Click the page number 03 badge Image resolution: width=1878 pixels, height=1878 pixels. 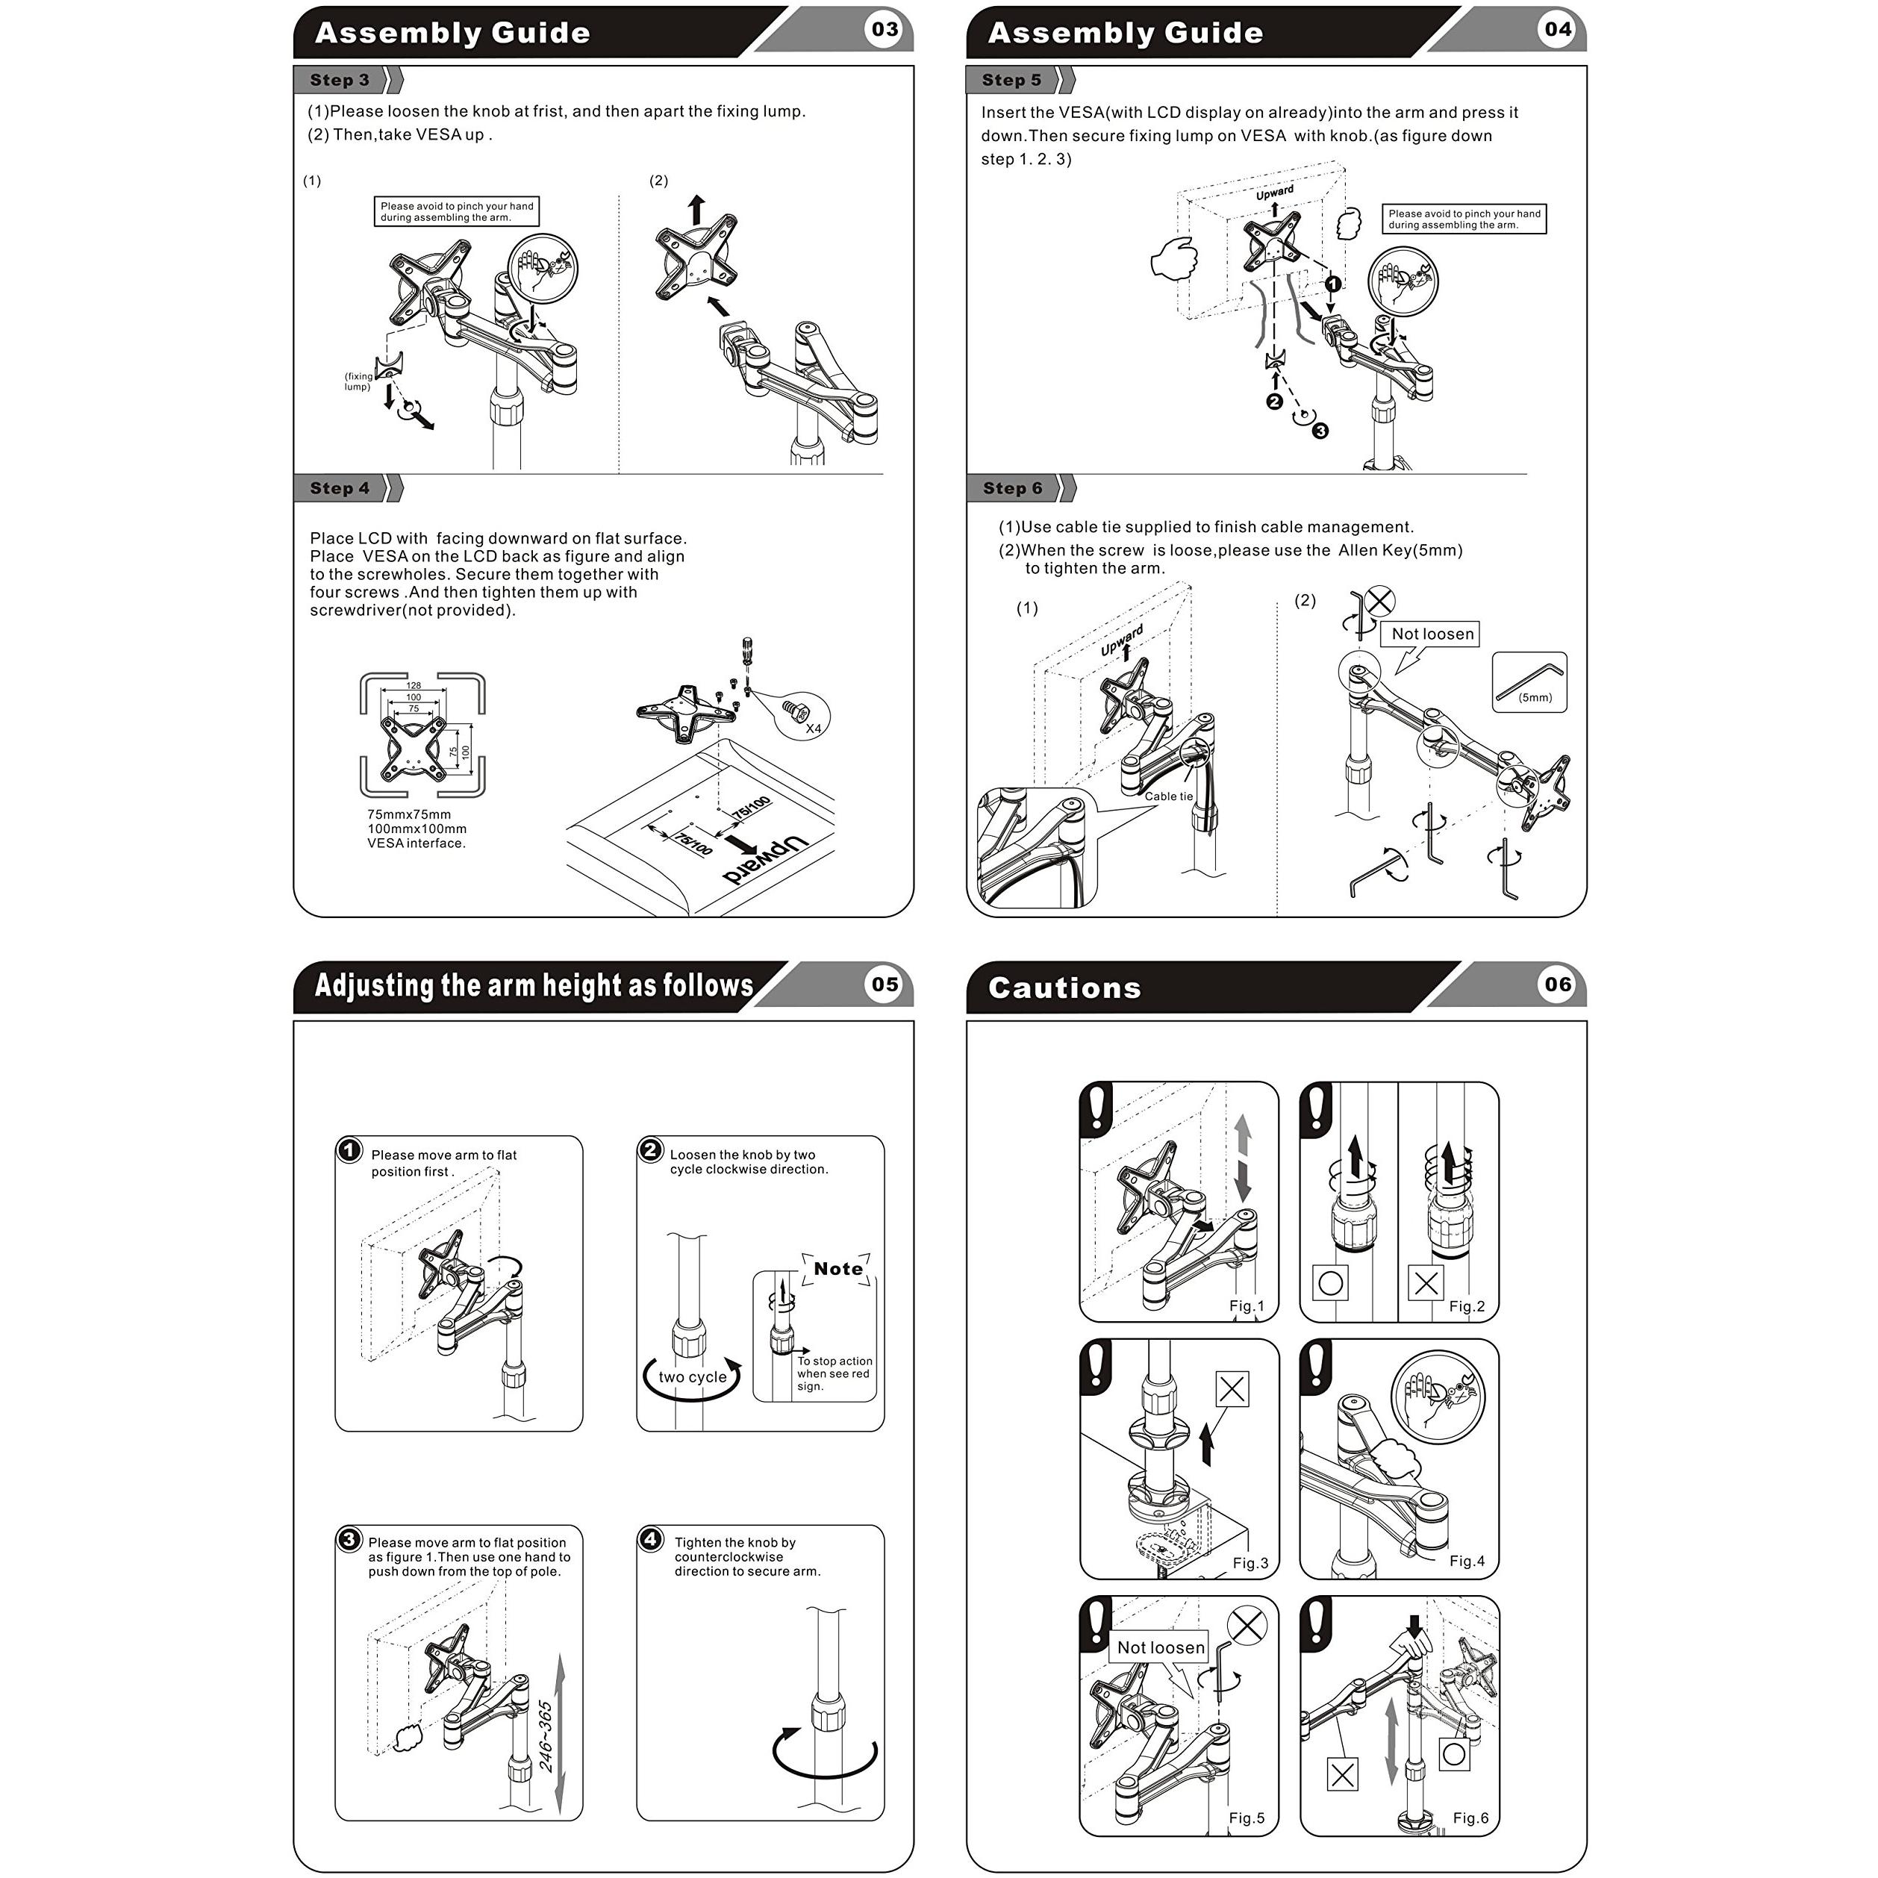pyautogui.click(x=884, y=29)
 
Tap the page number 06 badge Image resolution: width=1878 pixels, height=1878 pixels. pyautogui.click(x=1556, y=985)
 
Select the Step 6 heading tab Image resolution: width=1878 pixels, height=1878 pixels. pyautogui.click(x=1012, y=488)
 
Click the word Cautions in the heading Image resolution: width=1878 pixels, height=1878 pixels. pyautogui.click(x=1064, y=988)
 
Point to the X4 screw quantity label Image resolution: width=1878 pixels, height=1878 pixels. pyautogui.click(x=814, y=728)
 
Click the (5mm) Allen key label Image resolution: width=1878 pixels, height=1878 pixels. pyautogui.click(x=1535, y=697)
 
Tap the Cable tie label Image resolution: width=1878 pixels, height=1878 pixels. pyautogui.click(x=1168, y=796)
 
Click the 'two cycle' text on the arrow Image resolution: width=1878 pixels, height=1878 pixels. pyautogui.click(x=692, y=1376)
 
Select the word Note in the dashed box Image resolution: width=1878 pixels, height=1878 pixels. pyautogui.click(x=838, y=1268)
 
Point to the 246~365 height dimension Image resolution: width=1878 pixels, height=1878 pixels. pyautogui.click(x=546, y=1736)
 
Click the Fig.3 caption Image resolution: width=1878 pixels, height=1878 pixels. pyautogui.click(x=1250, y=1563)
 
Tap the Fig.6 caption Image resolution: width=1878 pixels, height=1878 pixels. pyautogui.click(x=1470, y=1818)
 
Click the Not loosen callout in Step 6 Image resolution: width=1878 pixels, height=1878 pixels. pyautogui.click(x=1432, y=634)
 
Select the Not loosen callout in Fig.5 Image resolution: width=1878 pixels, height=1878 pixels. pyautogui.click(x=1161, y=1647)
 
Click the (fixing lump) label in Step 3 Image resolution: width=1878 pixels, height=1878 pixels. pyautogui.click(x=358, y=381)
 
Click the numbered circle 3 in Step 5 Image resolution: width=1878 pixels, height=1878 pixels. pyautogui.click(x=1320, y=431)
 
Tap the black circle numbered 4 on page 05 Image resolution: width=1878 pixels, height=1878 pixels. pyautogui.click(x=650, y=1539)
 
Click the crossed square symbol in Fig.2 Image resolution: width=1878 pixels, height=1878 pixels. pyautogui.click(x=1426, y=1283)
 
